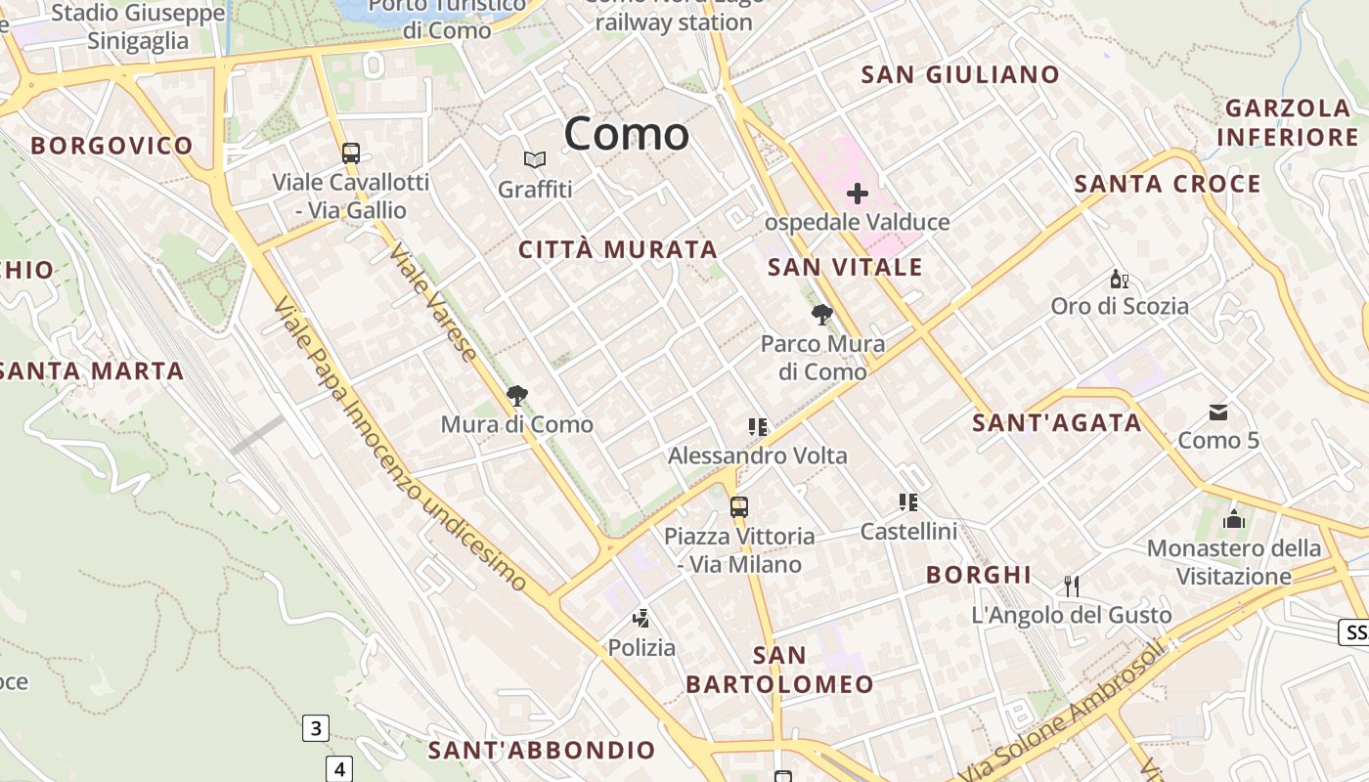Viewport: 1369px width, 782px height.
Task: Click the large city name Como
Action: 626,134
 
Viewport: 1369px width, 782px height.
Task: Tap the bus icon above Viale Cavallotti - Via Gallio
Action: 351,153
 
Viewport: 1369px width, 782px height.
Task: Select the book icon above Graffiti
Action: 534,159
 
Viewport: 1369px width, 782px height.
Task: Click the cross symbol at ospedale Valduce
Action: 858,194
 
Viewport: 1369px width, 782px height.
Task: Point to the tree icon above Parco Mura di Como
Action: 822,315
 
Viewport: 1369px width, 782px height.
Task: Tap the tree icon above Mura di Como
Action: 517,396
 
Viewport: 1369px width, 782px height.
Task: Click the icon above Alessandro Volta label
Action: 757,427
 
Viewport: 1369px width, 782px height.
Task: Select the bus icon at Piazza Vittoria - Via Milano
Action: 739,507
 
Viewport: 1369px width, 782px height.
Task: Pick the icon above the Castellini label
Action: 908,502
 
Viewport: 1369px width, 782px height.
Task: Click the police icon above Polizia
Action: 641,618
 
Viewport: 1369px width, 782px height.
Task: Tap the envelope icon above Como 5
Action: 1218,413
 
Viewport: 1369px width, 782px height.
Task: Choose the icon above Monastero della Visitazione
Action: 1234,519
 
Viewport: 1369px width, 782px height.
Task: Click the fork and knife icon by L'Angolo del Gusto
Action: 1072,586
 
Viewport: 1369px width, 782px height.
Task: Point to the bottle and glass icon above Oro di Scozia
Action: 1120,279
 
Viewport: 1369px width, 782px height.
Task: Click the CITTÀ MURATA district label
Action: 618,250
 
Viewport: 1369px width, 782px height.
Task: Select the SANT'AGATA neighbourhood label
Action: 1057,423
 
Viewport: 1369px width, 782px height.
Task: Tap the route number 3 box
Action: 315,728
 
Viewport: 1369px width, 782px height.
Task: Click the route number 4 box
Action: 339,768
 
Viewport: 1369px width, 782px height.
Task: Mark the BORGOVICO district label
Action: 111,147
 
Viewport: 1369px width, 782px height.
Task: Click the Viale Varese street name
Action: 433,302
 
